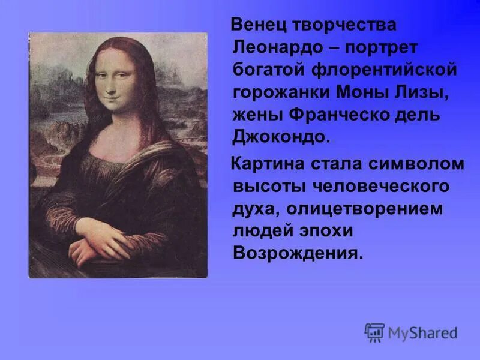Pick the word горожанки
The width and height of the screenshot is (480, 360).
click(x=274, y=93)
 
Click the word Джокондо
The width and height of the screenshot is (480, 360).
click(x=281, y=137)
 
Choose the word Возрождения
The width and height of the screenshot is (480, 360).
click(x=298, y=253)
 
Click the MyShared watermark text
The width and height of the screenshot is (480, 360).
click(x=422, y=333)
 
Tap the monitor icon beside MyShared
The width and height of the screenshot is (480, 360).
click(x=374, y=332)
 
